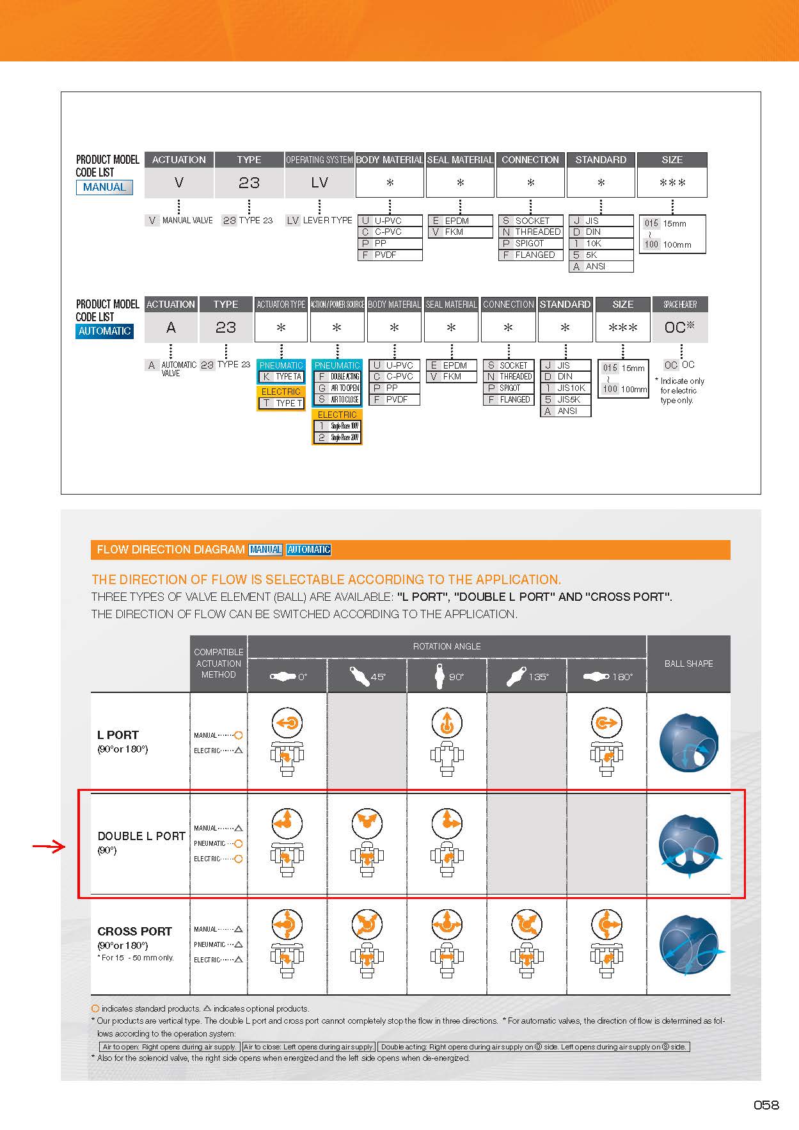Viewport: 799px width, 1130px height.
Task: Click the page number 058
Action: [x=766, y=1105]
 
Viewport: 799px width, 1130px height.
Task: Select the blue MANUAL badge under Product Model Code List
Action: [x=104, y=187]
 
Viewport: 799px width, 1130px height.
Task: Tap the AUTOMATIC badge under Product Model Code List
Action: [x=104, y=331]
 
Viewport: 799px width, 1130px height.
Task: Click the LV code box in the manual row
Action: [x=319, y=183]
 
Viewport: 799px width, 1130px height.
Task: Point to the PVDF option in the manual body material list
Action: [x=385, y=255]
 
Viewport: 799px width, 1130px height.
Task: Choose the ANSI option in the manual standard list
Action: [x=595, y=267]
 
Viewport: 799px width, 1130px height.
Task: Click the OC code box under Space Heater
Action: [x=679, y=328]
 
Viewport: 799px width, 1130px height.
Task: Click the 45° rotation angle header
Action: [x=367, y=676]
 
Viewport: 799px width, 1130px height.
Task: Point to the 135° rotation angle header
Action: [x=526, y=676]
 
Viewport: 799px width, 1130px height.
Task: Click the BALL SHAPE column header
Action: [x=688, y=664]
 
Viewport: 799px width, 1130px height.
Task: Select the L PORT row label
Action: [x=118, y=735]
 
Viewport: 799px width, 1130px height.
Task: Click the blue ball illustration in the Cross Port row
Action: [x=690, y=946]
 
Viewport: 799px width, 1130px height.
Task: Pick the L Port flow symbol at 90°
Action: [x=447, y=724]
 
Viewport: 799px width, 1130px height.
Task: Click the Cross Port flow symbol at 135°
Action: [x=526, y=924]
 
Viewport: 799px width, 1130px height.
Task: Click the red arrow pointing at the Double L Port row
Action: [x=49, y=847]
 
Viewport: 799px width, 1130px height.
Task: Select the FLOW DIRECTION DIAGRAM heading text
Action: [x=170, y=550]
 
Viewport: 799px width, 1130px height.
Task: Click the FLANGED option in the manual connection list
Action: [x=534, y=255]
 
